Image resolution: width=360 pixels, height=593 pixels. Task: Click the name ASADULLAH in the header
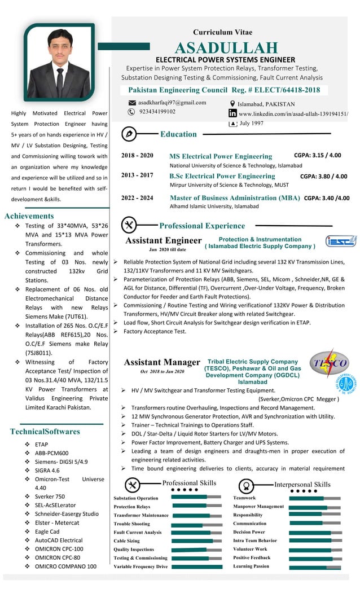(226, 48)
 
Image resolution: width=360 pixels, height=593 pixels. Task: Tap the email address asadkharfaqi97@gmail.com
(172, 103)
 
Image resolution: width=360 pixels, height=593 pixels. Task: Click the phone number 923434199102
(157, 112)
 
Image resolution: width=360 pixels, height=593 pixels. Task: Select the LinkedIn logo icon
(232, 113)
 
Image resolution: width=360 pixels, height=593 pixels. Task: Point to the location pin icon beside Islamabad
(232, 104)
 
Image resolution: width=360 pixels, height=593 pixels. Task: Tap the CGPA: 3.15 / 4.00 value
(317, 155)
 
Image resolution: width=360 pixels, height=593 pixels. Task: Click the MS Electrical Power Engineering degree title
(221, 156)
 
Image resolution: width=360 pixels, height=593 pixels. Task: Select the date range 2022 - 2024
(137, 197)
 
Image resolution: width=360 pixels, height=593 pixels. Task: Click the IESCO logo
(340, 241)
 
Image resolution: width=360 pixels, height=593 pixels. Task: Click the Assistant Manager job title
(162, 362)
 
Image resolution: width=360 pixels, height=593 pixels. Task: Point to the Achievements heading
(29, 216)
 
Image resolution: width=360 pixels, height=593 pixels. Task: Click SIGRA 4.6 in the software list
(47, 470)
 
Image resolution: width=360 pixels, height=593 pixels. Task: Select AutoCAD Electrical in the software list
(59, 540)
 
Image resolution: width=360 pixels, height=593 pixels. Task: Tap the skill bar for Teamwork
(314, 498)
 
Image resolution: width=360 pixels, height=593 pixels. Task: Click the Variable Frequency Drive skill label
(141, 566)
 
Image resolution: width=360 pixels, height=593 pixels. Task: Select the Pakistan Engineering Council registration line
(224, 90)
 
